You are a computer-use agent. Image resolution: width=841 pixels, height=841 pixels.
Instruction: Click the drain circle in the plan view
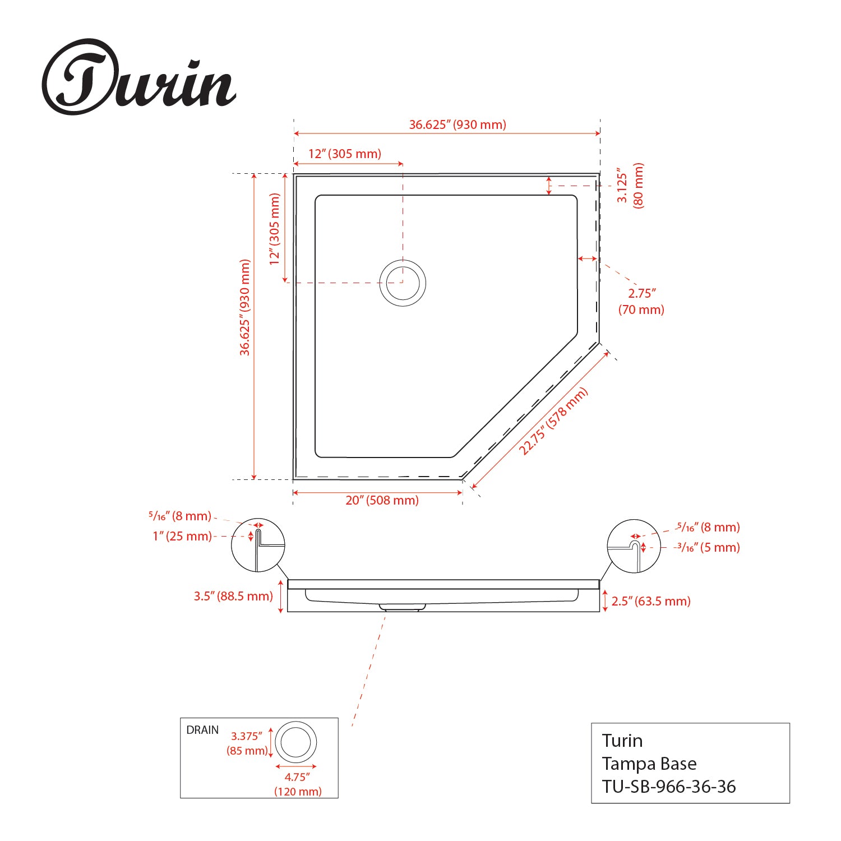click(403, 283)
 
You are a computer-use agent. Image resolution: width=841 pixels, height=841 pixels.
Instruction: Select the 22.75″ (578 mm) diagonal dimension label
click(553, 421)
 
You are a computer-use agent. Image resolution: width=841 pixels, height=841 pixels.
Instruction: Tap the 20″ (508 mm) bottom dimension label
click(382, 500)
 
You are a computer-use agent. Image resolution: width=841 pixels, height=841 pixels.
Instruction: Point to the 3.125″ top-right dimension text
click(622, 184)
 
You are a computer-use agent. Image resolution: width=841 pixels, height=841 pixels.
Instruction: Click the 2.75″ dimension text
click(641, 293)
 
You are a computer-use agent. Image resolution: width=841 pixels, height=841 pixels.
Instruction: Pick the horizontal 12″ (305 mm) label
click(345, 154)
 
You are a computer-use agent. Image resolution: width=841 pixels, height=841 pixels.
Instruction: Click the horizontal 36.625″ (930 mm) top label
click(457, 124)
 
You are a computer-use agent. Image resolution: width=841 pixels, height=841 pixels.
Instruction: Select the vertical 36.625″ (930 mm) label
click(245, 307)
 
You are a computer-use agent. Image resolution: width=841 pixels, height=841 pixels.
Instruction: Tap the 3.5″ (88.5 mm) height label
click(233, 596)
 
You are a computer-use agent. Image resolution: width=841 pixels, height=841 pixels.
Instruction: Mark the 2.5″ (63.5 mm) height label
click(651, 601)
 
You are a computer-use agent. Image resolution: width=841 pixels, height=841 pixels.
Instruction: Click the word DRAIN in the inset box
click(202, 730)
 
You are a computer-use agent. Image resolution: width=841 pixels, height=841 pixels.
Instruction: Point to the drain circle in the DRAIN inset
click(296, 742)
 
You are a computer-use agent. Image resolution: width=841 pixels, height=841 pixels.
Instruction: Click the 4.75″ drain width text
click(297, 777)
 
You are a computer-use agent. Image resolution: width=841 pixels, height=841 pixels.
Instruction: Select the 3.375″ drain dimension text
click(247, 736)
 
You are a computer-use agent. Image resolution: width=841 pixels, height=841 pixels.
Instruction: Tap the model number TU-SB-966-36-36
click(669, 787)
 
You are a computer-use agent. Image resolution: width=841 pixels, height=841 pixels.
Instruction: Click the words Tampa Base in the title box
click(649, 764)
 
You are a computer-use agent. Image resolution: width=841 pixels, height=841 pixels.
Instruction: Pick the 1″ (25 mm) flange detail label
click(182, 536)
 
